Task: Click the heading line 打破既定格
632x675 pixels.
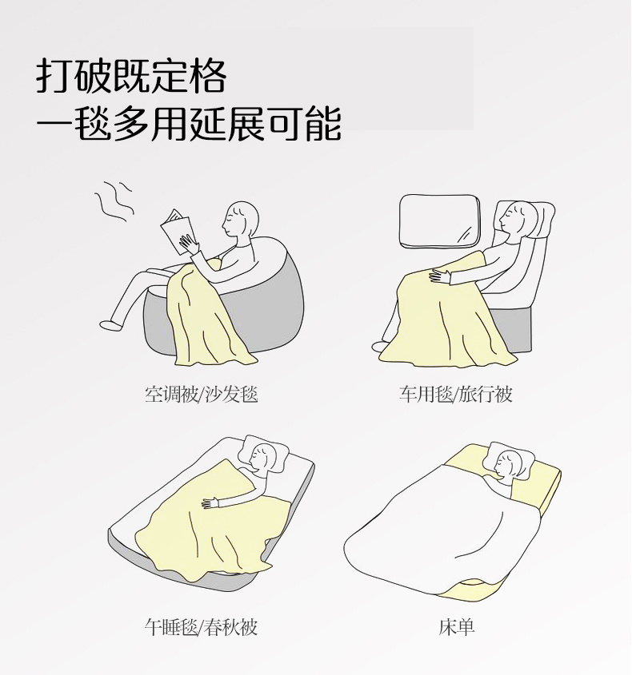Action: pyautogui.click(x=131, y=76)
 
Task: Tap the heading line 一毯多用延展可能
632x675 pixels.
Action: pyautogui.click(x=189, y=123)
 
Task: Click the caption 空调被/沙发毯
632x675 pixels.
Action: pyautogui.click(x=201, y=394)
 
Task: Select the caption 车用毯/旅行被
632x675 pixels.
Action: pyautogui.click(x=455, y=394)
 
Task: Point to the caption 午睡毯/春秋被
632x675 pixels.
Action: pyautogui.click(x=201, y=627)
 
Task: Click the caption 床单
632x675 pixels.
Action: pyautogui.click(x=457, y=627)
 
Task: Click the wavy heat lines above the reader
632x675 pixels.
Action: pyautogui.click(x=114, y=201)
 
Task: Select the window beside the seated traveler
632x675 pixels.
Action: pyautogui.click(x=440, y=221)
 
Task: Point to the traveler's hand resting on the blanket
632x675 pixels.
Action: pyautogui.click(x=440, y=276)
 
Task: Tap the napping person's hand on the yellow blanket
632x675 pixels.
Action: pyautogui.click(x=210, y=502)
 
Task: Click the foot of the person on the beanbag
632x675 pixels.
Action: pyautogui.click(x=110, y=324)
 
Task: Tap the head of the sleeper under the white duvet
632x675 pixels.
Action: pyautogui.click(x=509, y=464)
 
